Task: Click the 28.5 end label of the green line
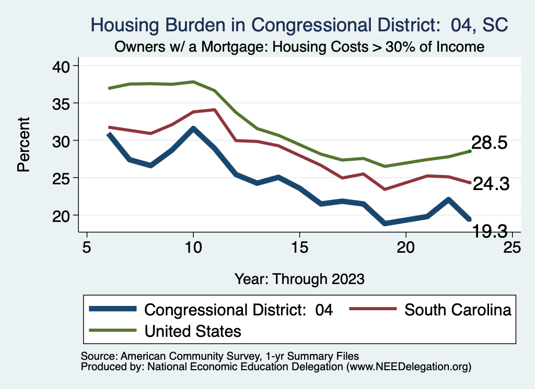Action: pos(489,143)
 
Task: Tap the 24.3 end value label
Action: pos(491,184)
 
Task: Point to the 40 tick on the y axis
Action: pos(63,66)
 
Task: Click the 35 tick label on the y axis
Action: pos(63,103)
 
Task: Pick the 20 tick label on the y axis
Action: pos(63,215)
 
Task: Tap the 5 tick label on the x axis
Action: pos(87,246)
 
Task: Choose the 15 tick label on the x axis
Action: pos(299,246)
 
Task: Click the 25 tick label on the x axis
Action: pos(512,246)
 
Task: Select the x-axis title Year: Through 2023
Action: pos(299,278)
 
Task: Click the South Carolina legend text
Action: pos(458,310)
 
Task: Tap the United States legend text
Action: pos(193,331)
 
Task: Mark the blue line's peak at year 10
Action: pos(193,128)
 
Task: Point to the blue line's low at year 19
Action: pos(385,223)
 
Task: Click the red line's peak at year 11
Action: pos(214,110)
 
